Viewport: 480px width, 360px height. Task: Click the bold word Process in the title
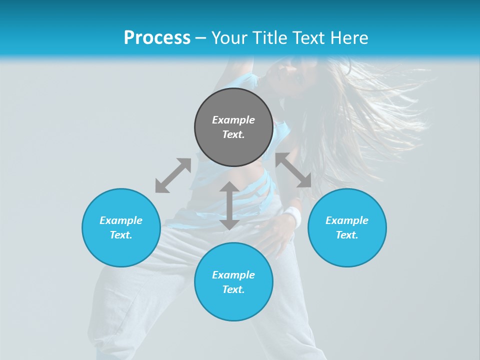pyautogui.click(x=157, y=38)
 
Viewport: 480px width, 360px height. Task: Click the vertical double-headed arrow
pyautogui.click(x=229, y=205)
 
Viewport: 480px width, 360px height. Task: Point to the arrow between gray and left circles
pyautogui.click(x=173, y=175)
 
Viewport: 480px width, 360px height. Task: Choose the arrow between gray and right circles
pyautogui.click(x=293, y=170)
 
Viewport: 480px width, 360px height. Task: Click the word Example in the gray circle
pyautogui.click(x=233, y=120)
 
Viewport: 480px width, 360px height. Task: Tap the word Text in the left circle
pyautogui.click(x=121, y=235)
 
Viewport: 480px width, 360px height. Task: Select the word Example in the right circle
pyautogui.click(x=347, y=220)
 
